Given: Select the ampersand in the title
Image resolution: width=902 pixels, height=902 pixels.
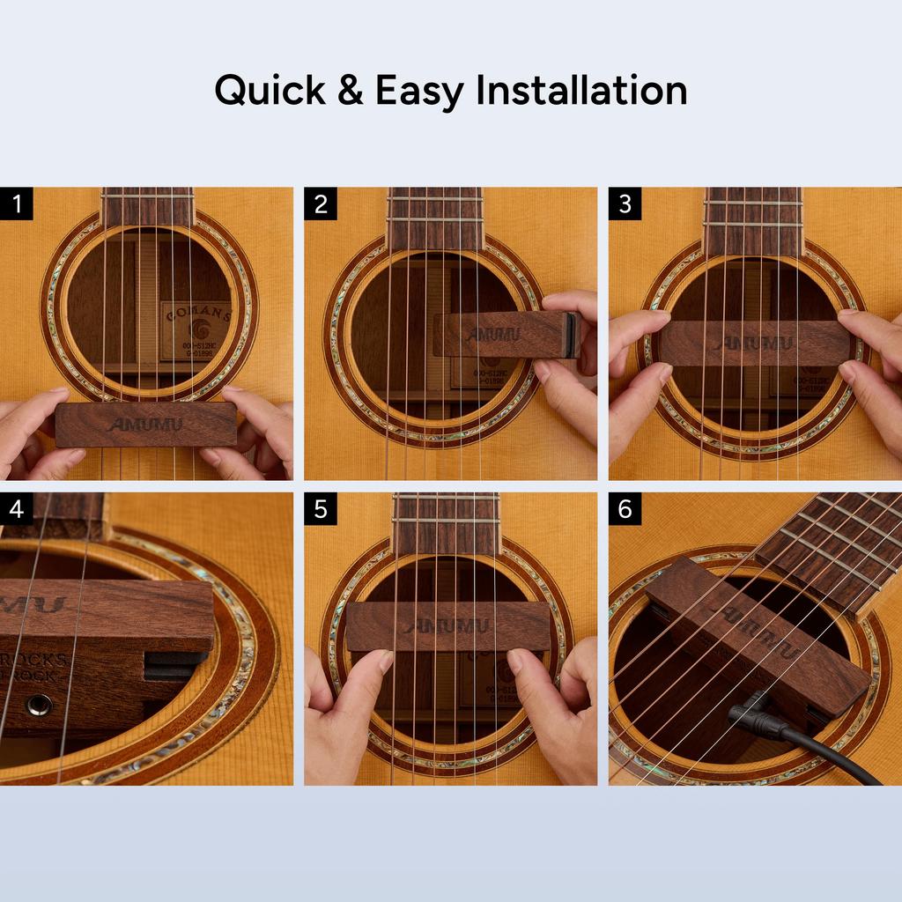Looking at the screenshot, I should tap(350, 91).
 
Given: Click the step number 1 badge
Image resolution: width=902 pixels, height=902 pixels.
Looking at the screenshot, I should tap(17, 203).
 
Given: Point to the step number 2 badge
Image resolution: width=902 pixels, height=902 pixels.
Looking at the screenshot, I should tap(321, 203).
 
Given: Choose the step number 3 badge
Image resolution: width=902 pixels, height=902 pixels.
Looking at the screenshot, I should tap(625, 203).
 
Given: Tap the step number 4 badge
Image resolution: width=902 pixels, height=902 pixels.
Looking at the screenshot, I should tap(17, 508).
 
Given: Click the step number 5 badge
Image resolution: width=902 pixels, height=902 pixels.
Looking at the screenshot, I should tap(321, 508).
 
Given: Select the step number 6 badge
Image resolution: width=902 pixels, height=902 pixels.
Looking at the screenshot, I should tap(625, 508).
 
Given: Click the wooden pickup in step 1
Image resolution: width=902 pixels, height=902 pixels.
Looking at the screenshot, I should tap(145, 425).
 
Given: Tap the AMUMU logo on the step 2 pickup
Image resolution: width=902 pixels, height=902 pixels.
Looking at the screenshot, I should tap(493, 335).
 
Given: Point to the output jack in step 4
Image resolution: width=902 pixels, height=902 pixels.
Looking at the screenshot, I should tap(38, 704).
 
